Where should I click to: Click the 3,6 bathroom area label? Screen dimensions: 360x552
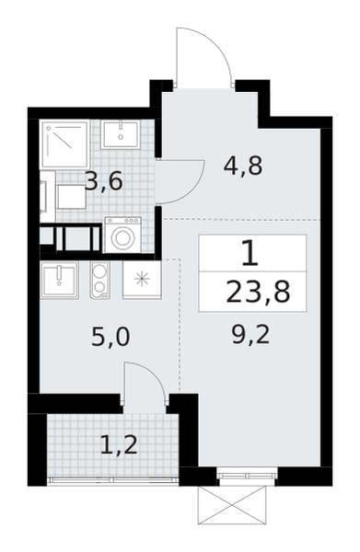(104, 182)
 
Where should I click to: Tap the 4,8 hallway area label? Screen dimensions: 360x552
(243, 166)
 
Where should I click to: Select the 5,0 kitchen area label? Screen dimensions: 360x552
(110, 337)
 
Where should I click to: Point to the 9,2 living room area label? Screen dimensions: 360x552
(250, 335)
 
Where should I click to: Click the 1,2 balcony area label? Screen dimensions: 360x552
(119, 444)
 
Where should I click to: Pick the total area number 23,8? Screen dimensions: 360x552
(258, 293)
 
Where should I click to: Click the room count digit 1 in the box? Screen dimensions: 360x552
(250, 254)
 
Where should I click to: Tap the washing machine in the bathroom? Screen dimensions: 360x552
(123, 235)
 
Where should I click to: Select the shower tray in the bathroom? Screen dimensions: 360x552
(64, 144)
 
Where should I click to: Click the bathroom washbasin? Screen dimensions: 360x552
(120, 135)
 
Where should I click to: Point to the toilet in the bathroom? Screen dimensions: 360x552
(64, 197)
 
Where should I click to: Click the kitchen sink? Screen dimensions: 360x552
(59, 281)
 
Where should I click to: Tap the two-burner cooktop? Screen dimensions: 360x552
(100, 281)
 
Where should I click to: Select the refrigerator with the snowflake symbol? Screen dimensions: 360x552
(142, 281)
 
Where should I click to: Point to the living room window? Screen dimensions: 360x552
(247, 476)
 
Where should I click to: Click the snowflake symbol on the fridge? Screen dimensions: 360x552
(142, 279)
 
